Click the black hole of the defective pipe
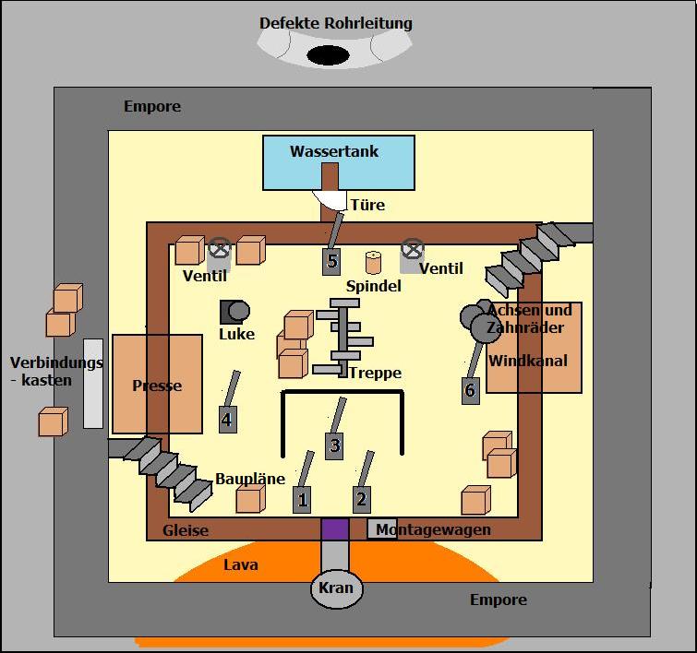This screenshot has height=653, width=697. pos(329,55)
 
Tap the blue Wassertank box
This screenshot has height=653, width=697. pos(339,163)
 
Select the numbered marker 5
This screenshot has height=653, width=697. pos(331,261)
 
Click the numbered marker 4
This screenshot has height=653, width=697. pos(228,419)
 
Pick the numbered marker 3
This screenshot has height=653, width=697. pos(334,445)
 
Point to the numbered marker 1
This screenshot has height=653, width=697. pos(302,499)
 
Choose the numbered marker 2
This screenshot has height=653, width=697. pos(362,499)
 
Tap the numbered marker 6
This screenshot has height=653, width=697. pos(471,390)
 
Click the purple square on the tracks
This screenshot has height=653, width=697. pos(335,528)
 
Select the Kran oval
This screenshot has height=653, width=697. pos(336,588)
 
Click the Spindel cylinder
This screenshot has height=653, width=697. pos(373,263)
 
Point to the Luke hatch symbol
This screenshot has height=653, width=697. pos(234,312)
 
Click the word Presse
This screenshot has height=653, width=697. pos(157,386)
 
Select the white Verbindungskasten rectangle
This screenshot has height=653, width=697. pos(93,384)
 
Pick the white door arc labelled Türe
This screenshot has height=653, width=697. pos(330,200)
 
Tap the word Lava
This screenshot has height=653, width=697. pos(240,564)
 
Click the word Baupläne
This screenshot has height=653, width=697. pos(250,479)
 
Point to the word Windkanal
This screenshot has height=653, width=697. pos(528,361)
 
